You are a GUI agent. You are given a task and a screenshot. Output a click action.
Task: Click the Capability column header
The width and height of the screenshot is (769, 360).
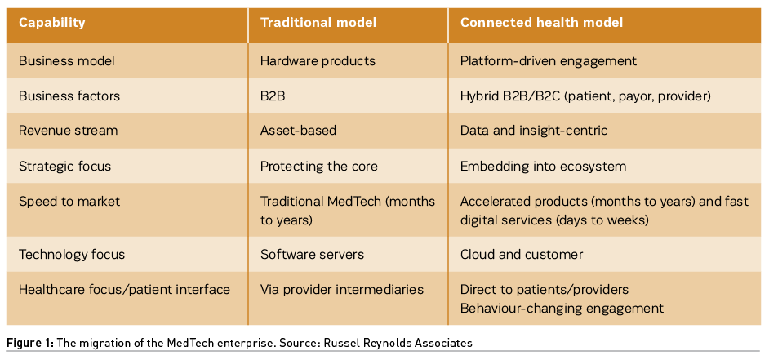pos(51,23)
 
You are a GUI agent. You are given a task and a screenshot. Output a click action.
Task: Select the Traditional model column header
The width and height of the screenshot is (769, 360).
pos(318,23)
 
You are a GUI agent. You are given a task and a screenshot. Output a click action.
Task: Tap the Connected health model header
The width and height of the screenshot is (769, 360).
pos(541,23)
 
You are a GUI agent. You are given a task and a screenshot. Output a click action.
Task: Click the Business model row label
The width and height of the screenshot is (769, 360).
pos(67,61)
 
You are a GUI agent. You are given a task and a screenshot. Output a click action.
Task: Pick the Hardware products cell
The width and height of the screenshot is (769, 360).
pos(318,61)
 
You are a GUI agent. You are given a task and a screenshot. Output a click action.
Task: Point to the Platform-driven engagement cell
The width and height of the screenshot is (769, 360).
pos(549,61)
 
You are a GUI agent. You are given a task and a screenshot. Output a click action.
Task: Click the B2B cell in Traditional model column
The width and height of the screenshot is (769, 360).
pos(273,96)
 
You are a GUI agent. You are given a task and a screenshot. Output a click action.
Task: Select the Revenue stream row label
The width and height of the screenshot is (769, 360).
pos(69,131)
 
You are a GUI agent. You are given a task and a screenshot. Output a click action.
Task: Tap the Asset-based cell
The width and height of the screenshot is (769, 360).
pos(298,131)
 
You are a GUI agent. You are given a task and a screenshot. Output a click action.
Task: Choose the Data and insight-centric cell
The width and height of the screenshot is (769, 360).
pos(534,131)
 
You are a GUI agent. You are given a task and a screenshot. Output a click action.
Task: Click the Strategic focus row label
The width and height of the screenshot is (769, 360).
pos(64,167)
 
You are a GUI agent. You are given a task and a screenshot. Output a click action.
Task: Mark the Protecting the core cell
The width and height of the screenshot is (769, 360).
pos(318,167)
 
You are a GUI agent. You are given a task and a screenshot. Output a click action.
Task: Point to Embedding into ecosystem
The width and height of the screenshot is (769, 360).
pos(543,167)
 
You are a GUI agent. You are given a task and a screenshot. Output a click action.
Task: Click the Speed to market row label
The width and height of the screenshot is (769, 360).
pos(69,202)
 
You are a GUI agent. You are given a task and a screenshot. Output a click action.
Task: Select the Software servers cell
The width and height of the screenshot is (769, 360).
pos(312,255)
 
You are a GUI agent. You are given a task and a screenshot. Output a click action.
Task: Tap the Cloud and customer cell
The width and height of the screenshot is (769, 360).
pos(522,255)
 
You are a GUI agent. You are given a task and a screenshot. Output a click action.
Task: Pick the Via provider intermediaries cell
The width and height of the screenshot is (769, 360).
pos(342,290)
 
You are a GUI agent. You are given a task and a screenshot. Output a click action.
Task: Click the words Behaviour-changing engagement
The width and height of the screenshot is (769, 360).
pos(562,309)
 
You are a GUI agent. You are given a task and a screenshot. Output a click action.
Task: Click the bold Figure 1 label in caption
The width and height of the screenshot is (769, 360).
pos(30,344)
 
